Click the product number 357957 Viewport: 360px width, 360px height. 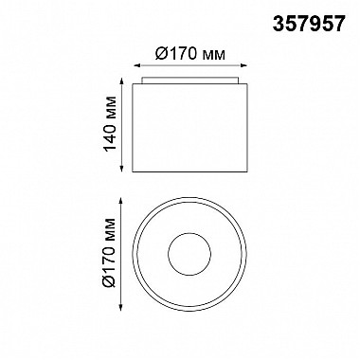308,24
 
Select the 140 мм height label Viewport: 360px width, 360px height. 111,124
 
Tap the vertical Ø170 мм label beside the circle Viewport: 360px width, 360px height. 110,253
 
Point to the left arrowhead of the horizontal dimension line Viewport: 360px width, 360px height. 136,65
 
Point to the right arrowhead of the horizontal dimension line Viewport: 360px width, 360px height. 243,65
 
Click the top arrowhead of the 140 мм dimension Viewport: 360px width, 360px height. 121,81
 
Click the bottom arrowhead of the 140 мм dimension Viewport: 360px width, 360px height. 121,169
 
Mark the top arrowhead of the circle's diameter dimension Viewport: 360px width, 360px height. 121,200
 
